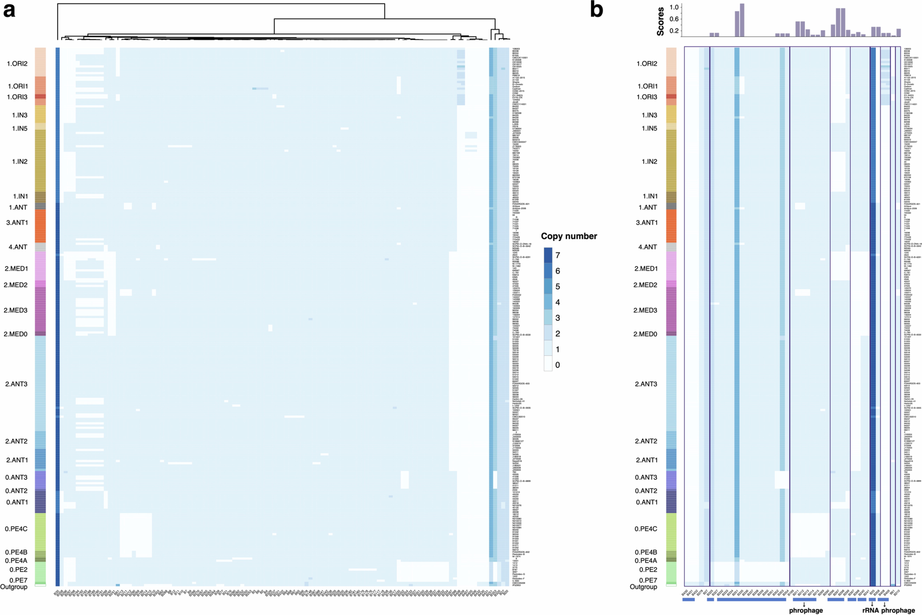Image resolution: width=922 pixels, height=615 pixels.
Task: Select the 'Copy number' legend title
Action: click(x=569, y=236)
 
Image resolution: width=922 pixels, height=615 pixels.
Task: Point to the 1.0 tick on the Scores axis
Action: click(x=674, y=7)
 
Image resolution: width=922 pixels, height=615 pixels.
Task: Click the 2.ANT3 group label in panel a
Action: click(x=16, y=384)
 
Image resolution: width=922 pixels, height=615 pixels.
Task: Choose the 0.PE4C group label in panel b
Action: click(x=646, y=529)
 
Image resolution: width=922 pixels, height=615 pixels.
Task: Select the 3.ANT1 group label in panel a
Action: click(x=17, y=222)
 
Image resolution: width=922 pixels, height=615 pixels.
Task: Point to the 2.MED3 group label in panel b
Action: click(x=645, y=310)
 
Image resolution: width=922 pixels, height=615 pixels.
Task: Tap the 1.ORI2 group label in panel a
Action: click(x=17, y=64)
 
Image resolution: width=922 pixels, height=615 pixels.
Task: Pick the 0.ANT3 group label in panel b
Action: click(x=646, y=477)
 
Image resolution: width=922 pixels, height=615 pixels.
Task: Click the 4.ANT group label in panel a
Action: click(x=18, y=247)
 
